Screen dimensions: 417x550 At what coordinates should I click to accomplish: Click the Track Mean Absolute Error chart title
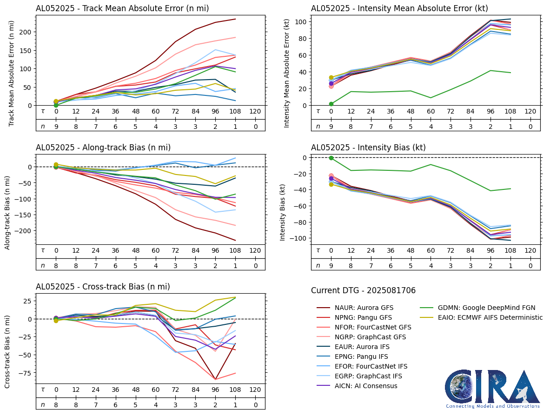122,8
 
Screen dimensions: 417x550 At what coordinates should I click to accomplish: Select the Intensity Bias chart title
368,148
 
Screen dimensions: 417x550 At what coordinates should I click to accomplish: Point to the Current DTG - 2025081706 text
363,290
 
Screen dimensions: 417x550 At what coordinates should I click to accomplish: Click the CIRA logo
492,389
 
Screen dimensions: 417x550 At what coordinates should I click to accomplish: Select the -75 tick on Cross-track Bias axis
26,373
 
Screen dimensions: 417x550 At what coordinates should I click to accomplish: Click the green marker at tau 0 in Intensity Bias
331,158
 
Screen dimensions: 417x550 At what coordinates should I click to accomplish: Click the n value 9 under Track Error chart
56,126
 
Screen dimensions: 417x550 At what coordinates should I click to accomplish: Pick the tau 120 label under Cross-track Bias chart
255,390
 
